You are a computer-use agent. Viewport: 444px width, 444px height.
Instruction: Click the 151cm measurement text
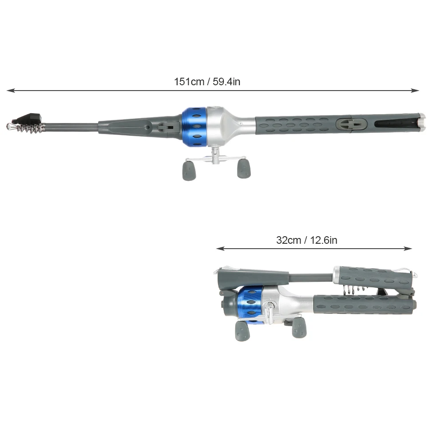[189, 82]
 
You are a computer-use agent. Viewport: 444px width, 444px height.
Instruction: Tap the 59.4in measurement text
[226, 82]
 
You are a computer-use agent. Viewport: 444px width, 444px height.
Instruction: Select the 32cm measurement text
[289, 240]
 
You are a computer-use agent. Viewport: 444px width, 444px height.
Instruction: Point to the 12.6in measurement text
[324, 240]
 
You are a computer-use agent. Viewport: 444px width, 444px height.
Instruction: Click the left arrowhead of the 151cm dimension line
[11, 91]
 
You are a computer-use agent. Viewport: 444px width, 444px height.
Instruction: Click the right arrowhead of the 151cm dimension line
[415, 91]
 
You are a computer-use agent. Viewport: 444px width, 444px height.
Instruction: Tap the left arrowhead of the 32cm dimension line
[220, 249]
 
